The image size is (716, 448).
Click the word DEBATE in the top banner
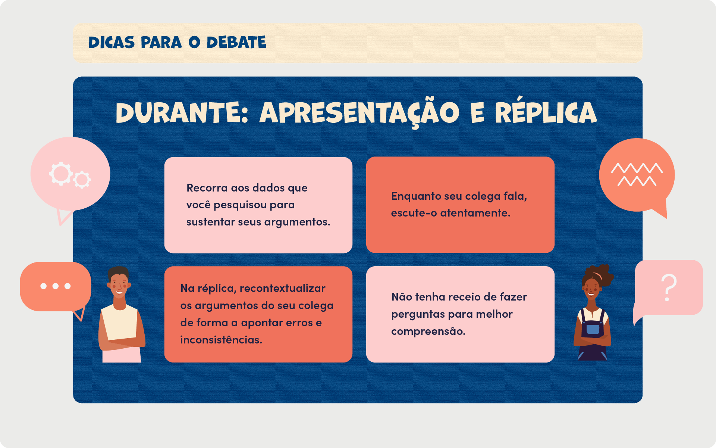point(236,43)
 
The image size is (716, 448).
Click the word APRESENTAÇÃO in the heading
point(359,113)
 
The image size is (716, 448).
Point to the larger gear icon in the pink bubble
point(61,174)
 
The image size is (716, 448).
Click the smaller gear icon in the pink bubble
point(82,180)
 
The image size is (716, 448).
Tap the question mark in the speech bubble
point(669,287)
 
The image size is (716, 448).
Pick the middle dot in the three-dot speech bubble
point(56,286)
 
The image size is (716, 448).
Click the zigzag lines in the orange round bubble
point(637,174)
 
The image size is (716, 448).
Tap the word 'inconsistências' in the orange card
point(221,340)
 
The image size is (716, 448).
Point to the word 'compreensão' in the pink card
point(428,332)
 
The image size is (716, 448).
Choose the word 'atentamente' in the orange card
point(475,213)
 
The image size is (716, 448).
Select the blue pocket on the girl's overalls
point(593,329)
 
